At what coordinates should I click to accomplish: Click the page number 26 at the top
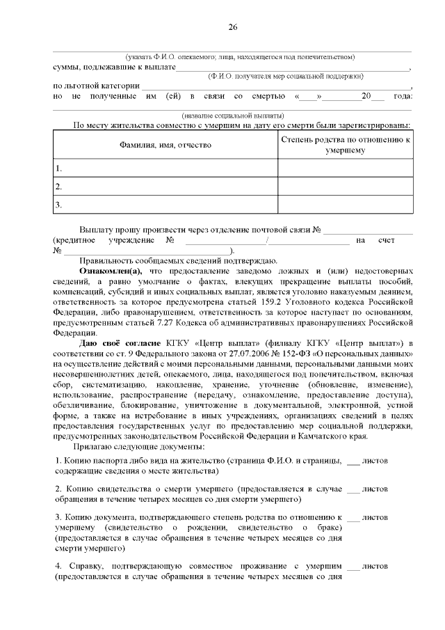233,27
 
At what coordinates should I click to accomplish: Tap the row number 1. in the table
59,168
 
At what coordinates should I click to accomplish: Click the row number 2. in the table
59,187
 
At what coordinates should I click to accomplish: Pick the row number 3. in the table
59,205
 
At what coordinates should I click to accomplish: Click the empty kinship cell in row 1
346,168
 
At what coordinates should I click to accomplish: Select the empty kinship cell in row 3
346,205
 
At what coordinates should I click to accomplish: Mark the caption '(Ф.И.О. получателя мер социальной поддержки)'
286,75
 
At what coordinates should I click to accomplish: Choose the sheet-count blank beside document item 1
353,461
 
